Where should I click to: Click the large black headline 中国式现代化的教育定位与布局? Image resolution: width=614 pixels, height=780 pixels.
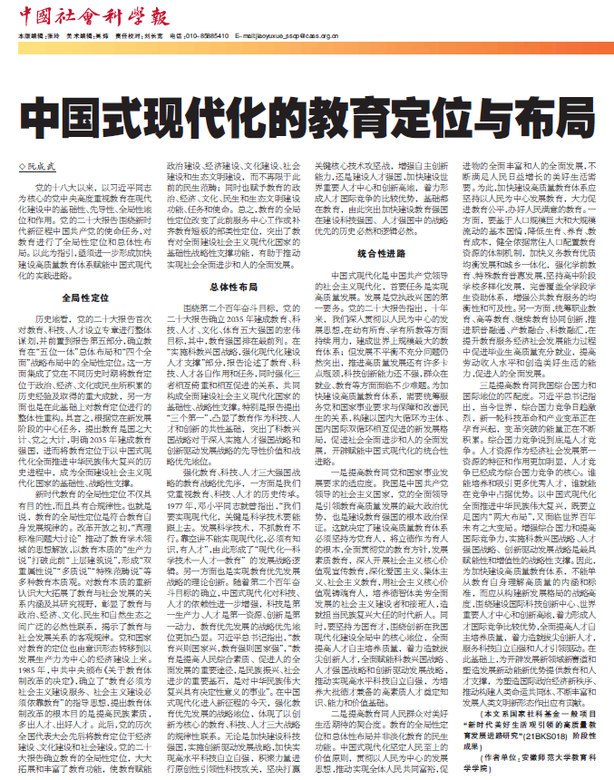tap(307, 119)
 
